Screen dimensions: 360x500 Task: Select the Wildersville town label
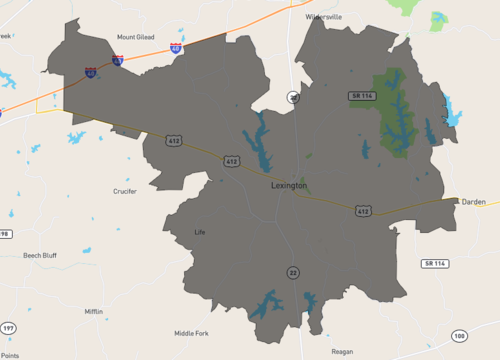click(x=324, y=17)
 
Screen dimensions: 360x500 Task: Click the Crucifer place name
click(x=125, y=191)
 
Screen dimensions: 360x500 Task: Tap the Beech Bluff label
click(x=40, y=255)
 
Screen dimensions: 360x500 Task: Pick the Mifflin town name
click(x=93, y=312)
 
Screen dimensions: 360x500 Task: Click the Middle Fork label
click(x=191, y=333)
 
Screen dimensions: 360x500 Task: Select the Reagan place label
click(x=342, y=352)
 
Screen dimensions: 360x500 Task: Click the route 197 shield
click(x=7, y=328)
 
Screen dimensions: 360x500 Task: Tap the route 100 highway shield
click(x=459, y=335)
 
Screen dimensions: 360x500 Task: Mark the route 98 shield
click(x=5, y=233)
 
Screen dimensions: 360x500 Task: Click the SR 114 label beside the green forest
click(x=362, y=95)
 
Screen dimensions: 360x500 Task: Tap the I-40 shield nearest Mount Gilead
click(x=176, y=47)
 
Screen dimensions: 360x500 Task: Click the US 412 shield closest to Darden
click(x=363, y=211)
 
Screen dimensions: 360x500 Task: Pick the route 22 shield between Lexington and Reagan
click(x=293, y=272)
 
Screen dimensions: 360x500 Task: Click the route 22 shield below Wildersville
click(x=293, y=97)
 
